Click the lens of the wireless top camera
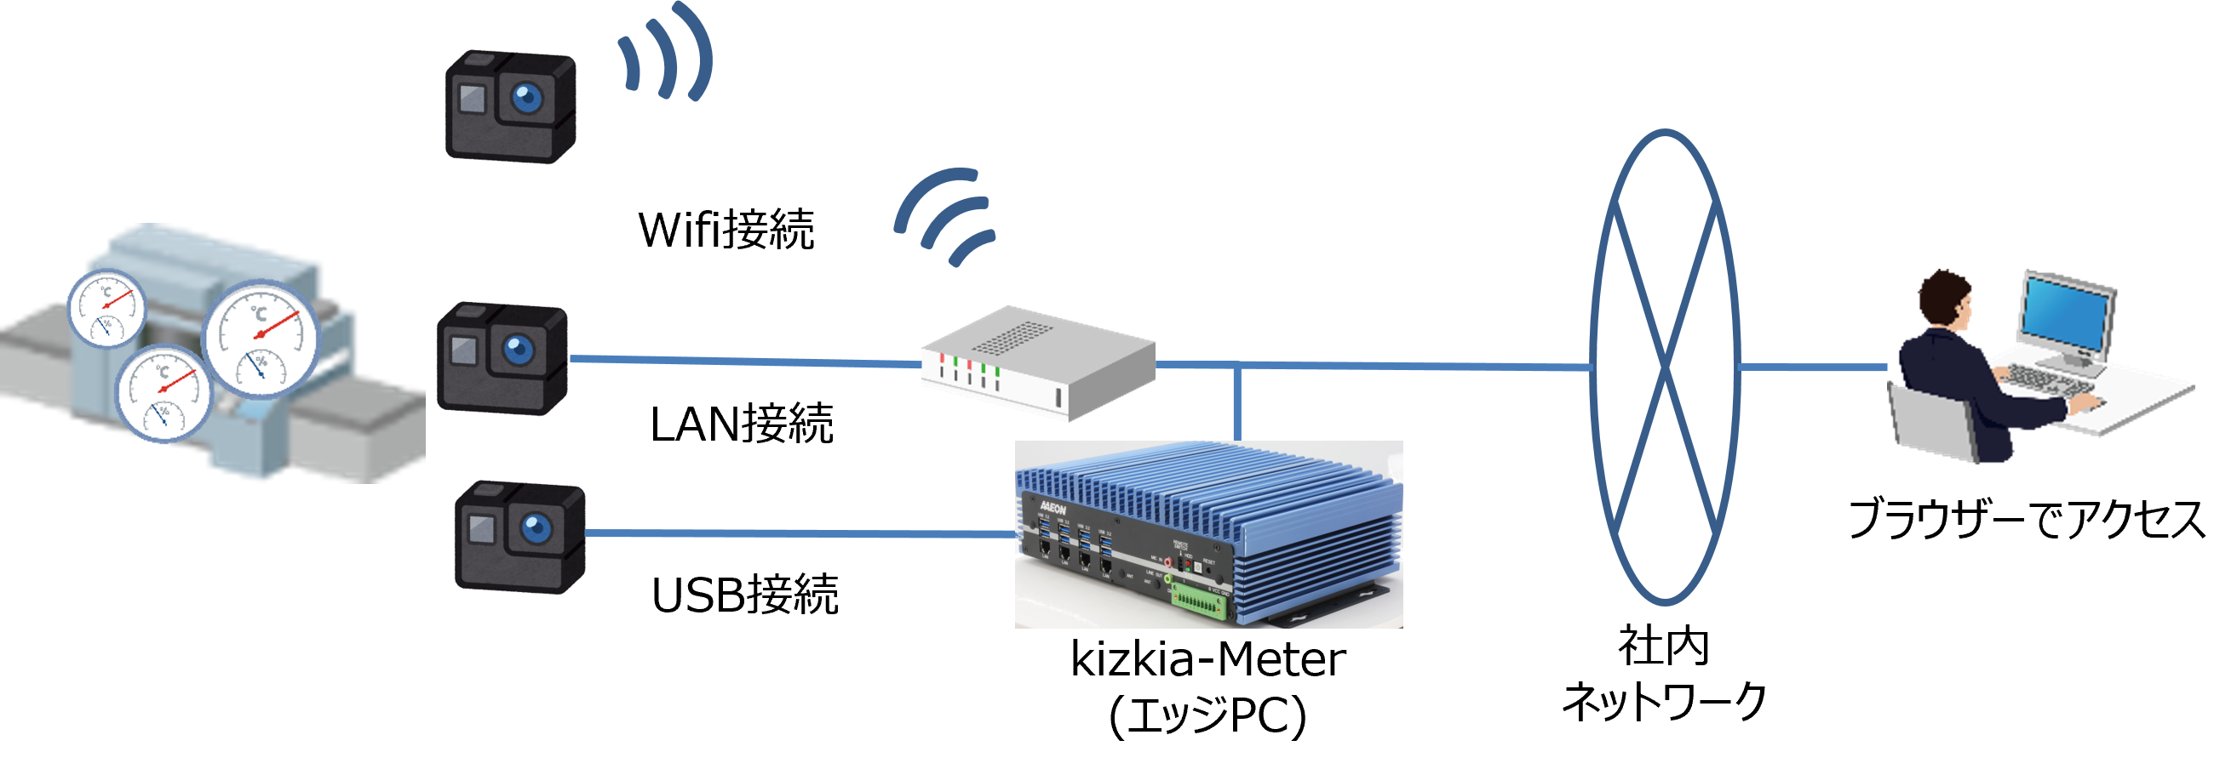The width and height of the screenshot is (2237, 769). click(527, 97)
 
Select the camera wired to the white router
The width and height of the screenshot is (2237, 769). click(501, 357)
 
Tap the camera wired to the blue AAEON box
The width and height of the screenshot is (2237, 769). click(519, 537)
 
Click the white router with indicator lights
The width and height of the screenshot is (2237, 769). click(1038, 365)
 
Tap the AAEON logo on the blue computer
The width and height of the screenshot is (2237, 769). click(1053, 508)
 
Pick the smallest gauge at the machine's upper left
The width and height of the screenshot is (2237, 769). click(106, 308)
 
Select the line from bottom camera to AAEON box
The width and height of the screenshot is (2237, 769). click(799, 533)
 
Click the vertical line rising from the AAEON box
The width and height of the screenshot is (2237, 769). click(1237, 404)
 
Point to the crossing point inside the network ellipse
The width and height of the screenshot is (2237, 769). click(1665, 368)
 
